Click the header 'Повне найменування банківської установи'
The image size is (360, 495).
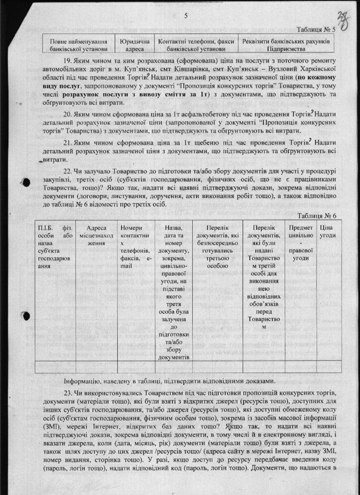[x=78, y=45]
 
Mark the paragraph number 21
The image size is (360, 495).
[x=68, y=142]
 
